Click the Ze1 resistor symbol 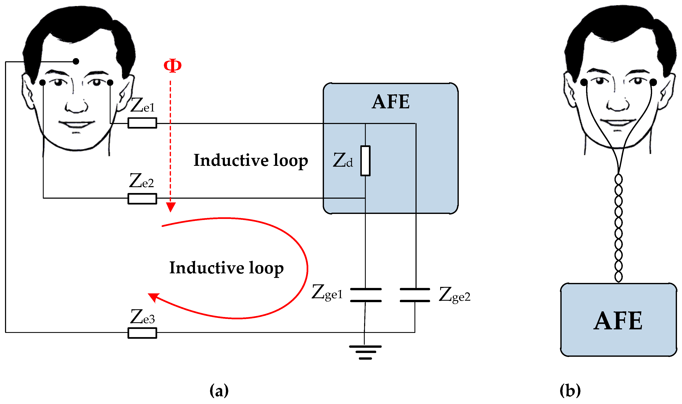coord(142,123)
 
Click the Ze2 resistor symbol coord(142,199)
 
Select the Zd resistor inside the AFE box coord(365,161)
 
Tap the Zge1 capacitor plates coord(366,295)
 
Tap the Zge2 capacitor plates coord(415,295)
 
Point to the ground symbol coord(365,352)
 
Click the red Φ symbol coord(172,66)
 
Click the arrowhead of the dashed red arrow coord(171,207)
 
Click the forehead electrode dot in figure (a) coord(76,61)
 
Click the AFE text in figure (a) coord(391,102)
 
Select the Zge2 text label coord(454,295)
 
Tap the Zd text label coord(343,161)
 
